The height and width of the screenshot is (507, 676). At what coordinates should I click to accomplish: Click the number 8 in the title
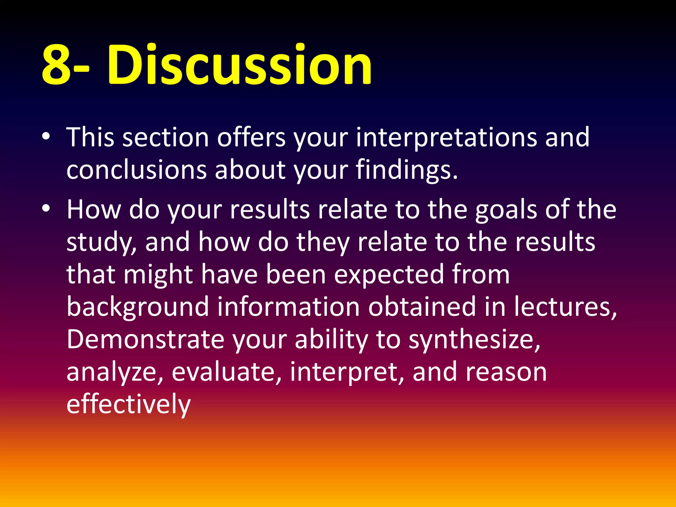point(56,64)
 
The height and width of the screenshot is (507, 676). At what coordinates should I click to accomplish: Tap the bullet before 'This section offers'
point(46,136)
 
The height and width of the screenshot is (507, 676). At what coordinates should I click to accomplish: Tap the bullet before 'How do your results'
point(46,208)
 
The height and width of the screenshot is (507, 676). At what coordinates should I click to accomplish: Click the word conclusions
point(136,170)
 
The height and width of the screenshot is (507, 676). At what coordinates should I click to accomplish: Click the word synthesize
point(474,340)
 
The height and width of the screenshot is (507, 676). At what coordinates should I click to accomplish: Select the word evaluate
point(226,372)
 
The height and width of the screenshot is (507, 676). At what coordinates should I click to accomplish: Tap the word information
point(288,307)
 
